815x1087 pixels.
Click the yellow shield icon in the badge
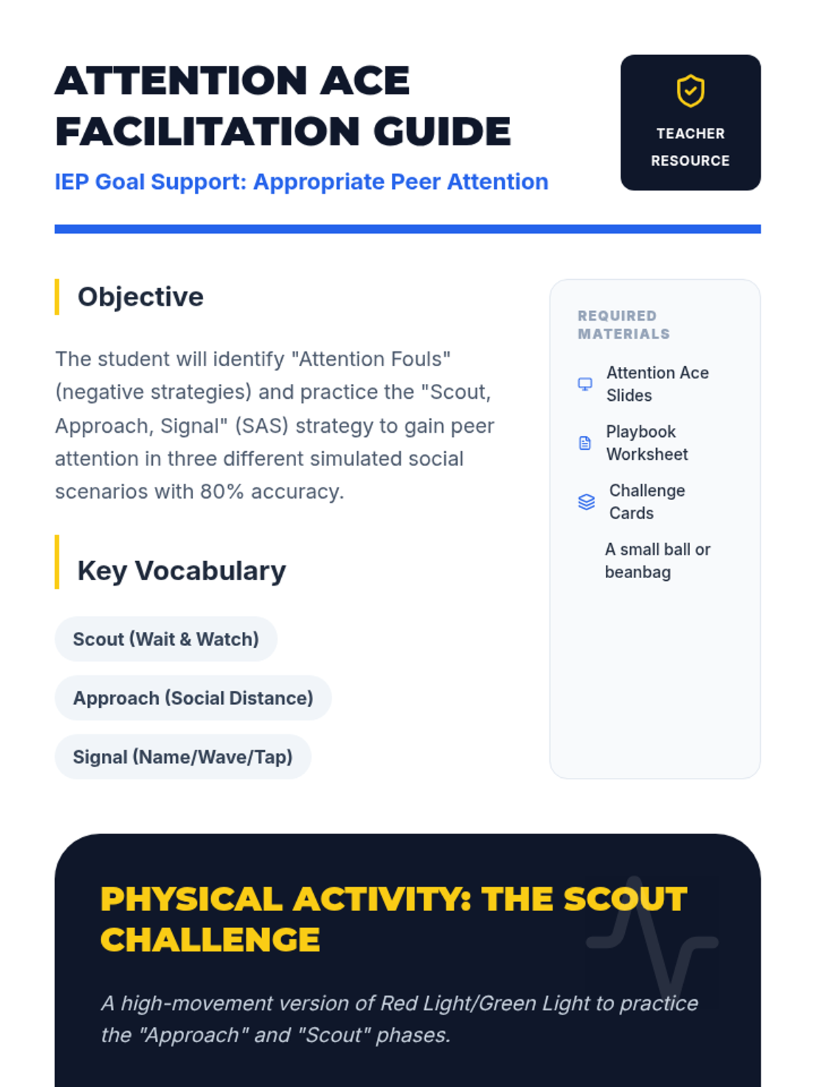click(x=690, y=90)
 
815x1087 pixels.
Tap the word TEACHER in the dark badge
click(x=690, y=134)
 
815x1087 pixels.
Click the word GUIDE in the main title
click(x=442, y=131)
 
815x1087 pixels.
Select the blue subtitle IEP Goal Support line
click(x=302, y=182)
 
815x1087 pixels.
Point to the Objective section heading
click(x=141, y=297)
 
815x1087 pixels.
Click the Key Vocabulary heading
click(x=181, y=571)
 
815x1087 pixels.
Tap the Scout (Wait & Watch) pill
click(x=166, y=639)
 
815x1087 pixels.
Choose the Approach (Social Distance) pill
click(x=193, y=698)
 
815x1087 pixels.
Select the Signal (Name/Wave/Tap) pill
click(x=183, y=757)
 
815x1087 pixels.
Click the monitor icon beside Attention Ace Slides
click(x=585, y=384)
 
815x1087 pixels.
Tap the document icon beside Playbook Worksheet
click(x=585, y=443)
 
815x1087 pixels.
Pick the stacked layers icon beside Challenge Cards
click(x=586, y=501)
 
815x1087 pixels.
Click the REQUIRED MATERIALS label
click(x=623, y=325)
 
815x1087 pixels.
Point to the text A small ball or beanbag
click(x=657, y=560)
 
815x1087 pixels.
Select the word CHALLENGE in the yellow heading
click(x=211, y=940)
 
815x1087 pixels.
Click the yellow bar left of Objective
click(x=57, y=297)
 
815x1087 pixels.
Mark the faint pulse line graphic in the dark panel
click(x=652, y=936)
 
